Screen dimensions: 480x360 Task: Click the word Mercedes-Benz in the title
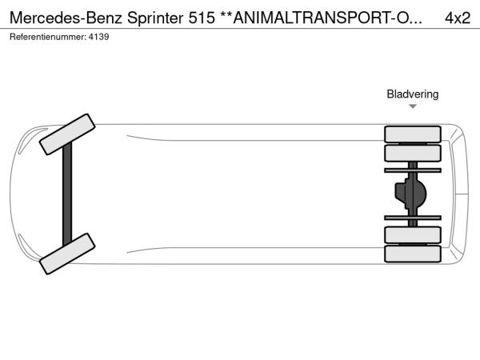pos(66,18)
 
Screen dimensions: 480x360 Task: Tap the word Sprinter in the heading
pos(155,18)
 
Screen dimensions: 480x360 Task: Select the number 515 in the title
pos(202,18)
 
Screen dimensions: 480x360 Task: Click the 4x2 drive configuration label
pos(458,18)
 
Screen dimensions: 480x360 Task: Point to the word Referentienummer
pos(48,37)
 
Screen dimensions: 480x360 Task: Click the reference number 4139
pos(98,37)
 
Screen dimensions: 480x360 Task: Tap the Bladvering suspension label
pos(412,94)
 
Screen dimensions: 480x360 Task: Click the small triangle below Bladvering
pos(413,106)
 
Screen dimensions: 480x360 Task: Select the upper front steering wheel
pos(67,134)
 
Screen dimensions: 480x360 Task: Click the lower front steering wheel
pos(67,254)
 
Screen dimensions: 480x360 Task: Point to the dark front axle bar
pos(67,194)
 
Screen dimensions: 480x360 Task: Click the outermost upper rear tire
pos(413,134)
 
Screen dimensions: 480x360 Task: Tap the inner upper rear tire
pos(413,153)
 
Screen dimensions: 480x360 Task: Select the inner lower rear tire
pos(413,234)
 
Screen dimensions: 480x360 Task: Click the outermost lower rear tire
pos(413,254)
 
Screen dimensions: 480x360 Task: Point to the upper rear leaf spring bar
pos(413,170)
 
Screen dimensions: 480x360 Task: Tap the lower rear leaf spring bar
pos(413,218)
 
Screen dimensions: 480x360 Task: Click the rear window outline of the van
pos(459,194)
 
